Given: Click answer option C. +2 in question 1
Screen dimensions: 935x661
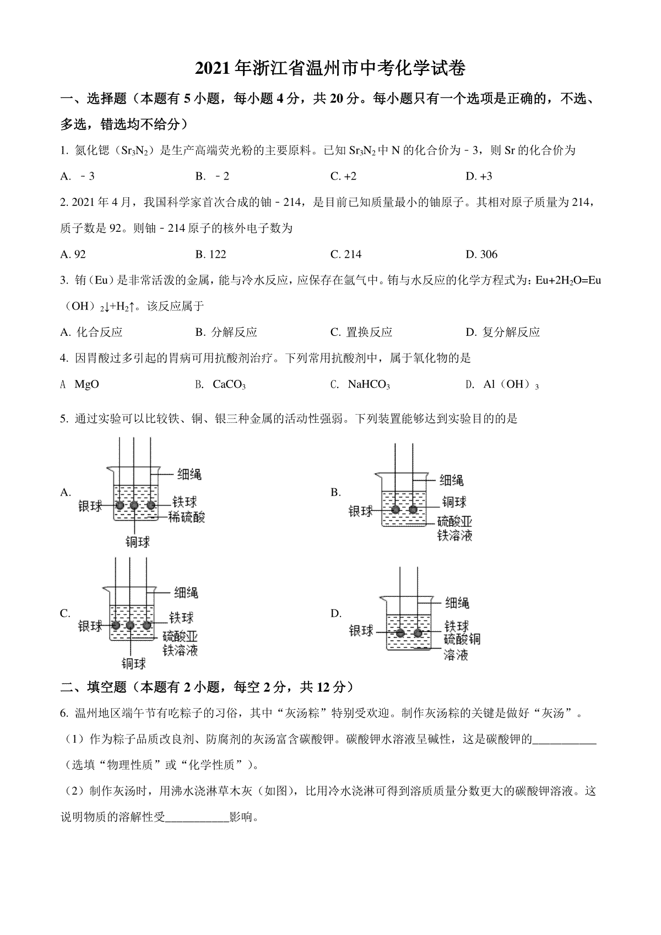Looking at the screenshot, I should tap(343, 176).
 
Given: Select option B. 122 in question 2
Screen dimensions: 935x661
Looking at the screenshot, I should tap(211, 254).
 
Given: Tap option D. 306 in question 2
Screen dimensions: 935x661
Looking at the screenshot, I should tap(481, 254).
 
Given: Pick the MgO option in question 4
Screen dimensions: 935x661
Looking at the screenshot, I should tap(86, 384).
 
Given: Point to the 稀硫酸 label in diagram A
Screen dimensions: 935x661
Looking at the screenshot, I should tap(188, 517).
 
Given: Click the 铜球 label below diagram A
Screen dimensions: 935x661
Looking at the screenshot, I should tap(138, 542).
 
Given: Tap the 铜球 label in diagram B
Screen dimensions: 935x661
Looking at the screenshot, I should tap(454, 502).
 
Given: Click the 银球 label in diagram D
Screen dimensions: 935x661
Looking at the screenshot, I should tap(361, 630).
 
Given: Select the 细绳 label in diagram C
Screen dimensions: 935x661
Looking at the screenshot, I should tap(186, 593).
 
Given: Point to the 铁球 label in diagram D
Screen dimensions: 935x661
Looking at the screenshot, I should tap(457, 626).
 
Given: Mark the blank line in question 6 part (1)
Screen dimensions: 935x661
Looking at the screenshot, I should tap(565, 740).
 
